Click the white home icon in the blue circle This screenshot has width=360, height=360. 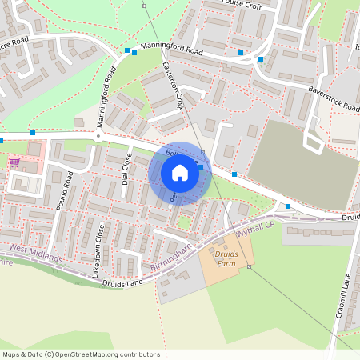pos(180,173)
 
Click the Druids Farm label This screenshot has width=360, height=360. pos(227,258)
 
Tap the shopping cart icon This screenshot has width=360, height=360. pos(14,162)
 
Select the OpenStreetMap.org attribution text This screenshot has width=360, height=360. pos(80,354)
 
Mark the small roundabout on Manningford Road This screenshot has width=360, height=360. pos(98,136)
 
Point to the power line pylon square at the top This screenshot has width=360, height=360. pos(145,6)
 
